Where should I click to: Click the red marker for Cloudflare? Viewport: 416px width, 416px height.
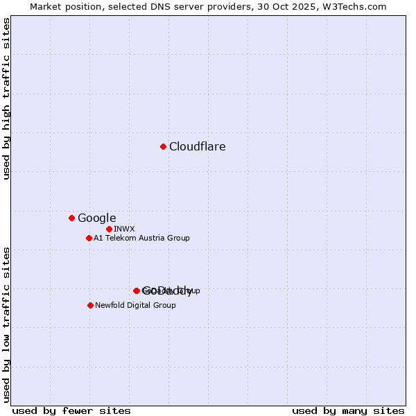tap(163, 146)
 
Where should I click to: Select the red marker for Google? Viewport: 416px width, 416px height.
tap(71, 218)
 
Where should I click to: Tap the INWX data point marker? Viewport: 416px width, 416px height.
tap(109, 229)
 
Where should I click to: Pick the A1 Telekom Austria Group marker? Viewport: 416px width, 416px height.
tap(89, 238)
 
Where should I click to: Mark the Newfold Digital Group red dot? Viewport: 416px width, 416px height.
tap(90, 305)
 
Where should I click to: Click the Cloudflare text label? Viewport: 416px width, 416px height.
tap(197, 146)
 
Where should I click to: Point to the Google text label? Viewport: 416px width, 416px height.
tap(96, 218)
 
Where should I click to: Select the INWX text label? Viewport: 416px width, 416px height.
tap(124, 229)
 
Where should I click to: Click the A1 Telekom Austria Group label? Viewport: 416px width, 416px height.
tap(141, 238)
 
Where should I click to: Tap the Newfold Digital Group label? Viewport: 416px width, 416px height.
tap(135, 305)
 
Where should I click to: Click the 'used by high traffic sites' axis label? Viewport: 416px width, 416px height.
tap(7, 98)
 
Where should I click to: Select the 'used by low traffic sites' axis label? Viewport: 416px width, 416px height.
tap(7, 324)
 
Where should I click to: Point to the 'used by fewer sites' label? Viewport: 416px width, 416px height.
tap(61, 410)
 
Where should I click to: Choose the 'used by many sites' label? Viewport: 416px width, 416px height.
tap(348, 410)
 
